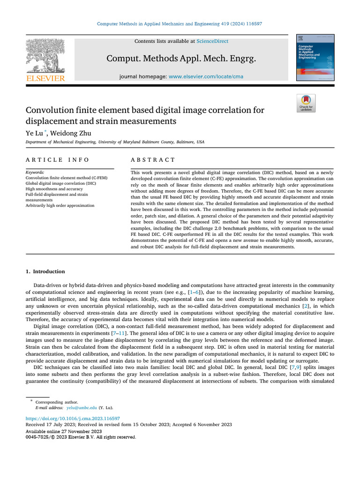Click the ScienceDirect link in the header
212,41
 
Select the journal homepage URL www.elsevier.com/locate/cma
206,76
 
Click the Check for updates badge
306,103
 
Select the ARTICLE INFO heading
57,160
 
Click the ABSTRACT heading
153,160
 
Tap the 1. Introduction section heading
45,271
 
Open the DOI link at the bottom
73,418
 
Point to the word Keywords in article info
35,172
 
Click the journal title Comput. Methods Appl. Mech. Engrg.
181,59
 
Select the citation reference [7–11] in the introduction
119,333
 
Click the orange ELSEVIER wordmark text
45,79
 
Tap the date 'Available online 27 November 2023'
63,431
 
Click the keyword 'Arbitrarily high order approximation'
60,205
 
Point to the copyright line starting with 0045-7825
80,437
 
